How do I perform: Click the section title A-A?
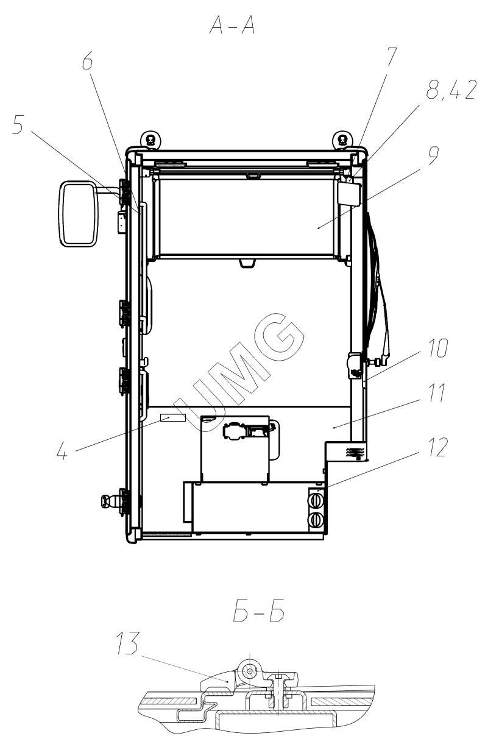[x=232, y=26]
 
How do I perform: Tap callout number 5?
[x=18, y=124]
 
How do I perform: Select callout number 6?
[x=87, y=60]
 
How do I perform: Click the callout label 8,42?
[x=451, y=90]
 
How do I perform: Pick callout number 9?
[x=433, y=155]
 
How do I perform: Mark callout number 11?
[x=437, y=392]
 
